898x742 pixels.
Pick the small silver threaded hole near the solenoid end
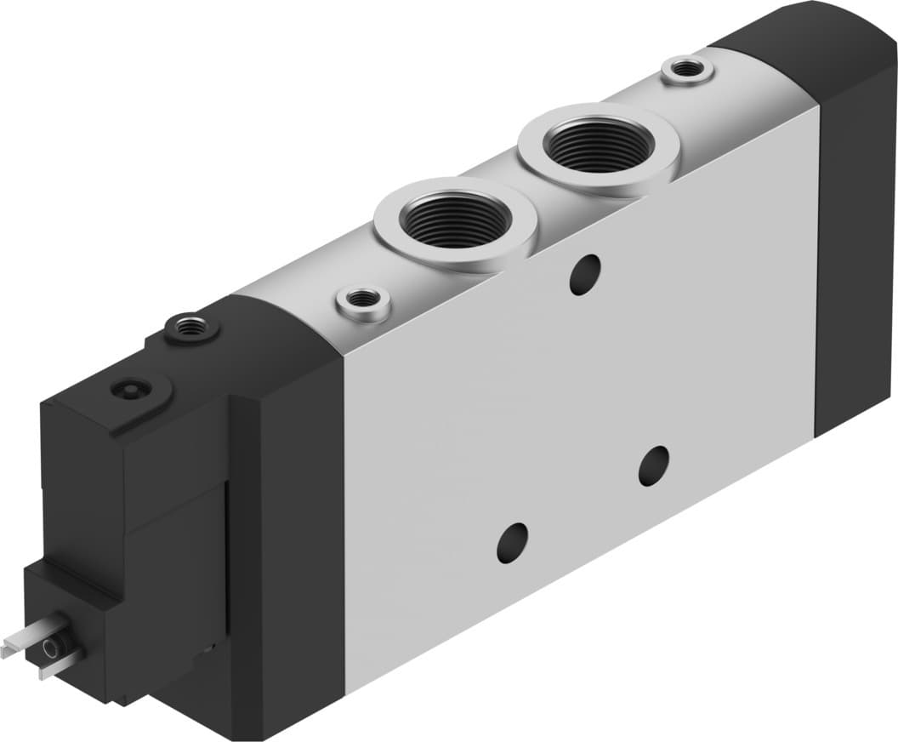363,300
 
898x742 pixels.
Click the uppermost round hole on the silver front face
585,275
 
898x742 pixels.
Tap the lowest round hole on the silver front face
512,542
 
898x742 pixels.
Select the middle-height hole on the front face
653,465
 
